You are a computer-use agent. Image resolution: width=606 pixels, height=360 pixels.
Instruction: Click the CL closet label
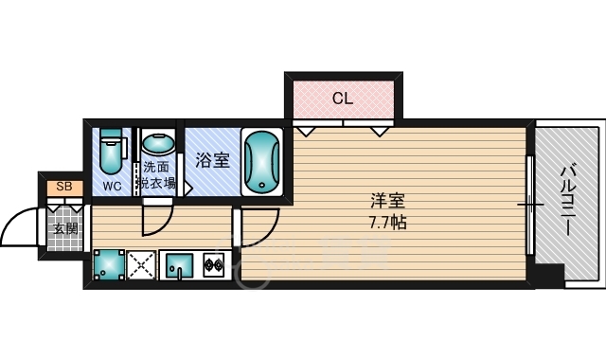pos(343,99)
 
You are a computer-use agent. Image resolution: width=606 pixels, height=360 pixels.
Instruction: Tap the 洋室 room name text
pos(387,202)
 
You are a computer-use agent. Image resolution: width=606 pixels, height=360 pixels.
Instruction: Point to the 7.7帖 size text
pos(387,223)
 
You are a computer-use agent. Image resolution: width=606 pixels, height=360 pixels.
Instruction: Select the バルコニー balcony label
pos(567,200)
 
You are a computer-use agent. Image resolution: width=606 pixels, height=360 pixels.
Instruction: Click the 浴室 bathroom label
pos(212,160)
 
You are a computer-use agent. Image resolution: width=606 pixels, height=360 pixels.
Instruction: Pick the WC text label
pos(112,186)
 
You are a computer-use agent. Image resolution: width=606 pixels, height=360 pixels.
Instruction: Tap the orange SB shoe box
pos(65,188)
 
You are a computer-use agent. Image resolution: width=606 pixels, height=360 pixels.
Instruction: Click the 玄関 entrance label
pos(65,229)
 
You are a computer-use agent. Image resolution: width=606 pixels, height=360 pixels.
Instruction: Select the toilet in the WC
pos(112,151)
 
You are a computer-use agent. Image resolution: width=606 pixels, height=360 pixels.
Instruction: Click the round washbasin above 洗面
pos(158,145)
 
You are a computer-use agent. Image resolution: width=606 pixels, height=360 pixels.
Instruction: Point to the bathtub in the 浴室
pos(262,161)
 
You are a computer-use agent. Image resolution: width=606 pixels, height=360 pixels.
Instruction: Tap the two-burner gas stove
pos(214,264)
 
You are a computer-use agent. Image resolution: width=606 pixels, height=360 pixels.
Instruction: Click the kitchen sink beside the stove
pos(179,265)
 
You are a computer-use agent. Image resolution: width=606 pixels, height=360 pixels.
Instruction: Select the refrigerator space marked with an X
pos(141,265)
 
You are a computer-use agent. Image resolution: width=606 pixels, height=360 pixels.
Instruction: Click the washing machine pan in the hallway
pos(110,264)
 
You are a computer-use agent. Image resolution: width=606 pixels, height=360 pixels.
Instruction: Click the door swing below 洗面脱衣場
pos(162,225)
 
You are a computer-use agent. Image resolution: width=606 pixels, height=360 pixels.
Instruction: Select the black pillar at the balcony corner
pos(548,275)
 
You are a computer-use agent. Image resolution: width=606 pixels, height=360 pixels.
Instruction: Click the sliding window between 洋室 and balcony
pos(530,204)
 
